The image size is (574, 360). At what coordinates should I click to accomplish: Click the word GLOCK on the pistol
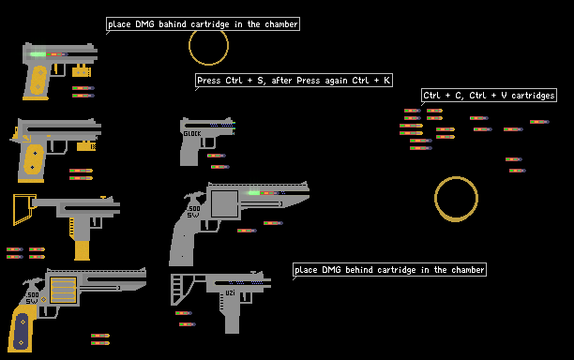click(192, 134)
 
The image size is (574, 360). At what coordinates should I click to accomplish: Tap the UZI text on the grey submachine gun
click(230, 293)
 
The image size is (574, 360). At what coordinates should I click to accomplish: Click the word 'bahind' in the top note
click(173, 24)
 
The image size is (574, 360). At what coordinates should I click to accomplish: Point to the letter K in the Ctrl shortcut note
click(387, 80)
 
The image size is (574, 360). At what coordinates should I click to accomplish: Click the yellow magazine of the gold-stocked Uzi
click(82, 250)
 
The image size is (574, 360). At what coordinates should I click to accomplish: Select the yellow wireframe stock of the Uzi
click(14, 210)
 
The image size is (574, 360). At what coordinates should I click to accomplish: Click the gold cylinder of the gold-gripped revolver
click(64, 290)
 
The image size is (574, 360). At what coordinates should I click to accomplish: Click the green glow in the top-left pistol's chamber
click(38, 54)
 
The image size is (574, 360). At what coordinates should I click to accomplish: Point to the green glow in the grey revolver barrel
click(253, 193)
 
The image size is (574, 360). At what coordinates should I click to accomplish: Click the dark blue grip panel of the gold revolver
click(21, 331)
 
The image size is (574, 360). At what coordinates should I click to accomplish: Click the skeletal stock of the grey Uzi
click(173, 289)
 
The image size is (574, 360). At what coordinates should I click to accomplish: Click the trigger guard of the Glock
click(208, 143)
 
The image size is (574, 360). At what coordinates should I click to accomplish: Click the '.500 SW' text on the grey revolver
click(193, 212)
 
